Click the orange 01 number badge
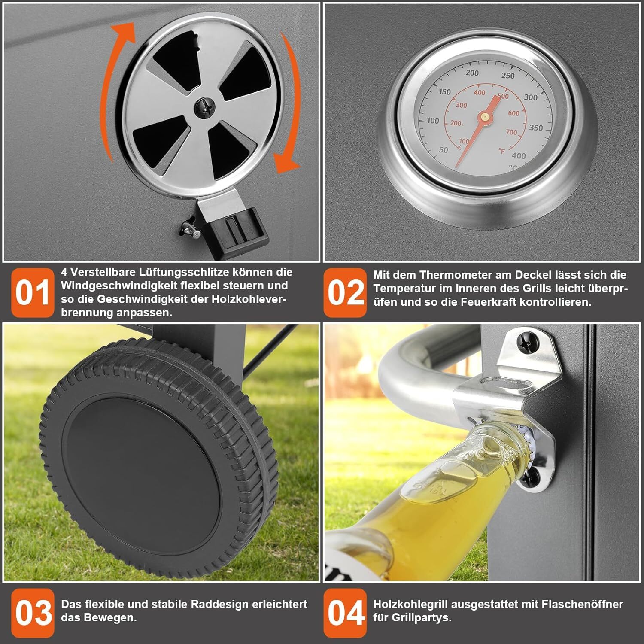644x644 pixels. coord(33,293)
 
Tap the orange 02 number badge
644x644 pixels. coord(345,293)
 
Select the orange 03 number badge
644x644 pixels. coord(33,613)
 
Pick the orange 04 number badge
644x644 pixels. coord(345,613)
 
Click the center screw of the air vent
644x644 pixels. coord(203,107)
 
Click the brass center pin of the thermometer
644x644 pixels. coord(486,116)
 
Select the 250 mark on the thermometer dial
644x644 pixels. coord(507,76)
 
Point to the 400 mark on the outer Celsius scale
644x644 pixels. coord(519,156)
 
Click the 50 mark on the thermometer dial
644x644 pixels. coord(444,150)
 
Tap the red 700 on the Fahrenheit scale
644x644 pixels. coord(511,132)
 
